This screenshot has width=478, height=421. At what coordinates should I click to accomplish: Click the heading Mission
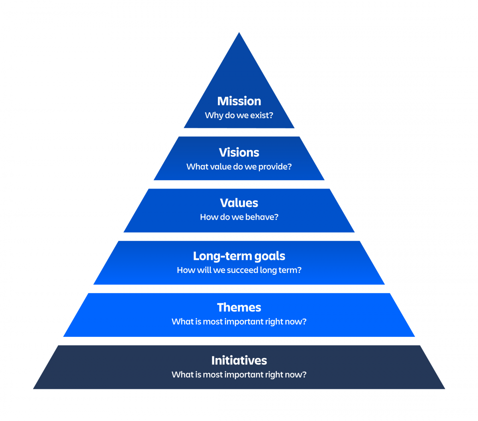point(239,101)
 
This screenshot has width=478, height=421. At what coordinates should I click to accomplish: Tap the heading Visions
point(239,152)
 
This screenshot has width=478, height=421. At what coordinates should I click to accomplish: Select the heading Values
point(239,203)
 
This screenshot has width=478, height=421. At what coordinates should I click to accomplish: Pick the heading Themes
point(239,307)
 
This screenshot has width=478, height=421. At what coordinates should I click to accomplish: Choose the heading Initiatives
point(239,360)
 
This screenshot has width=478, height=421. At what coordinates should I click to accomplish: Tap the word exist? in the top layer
point(262,115)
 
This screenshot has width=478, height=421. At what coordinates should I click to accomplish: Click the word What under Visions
point(196,167)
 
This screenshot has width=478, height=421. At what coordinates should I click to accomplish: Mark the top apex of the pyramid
point(239,33)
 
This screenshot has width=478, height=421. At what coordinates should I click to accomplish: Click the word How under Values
point(208,217)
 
